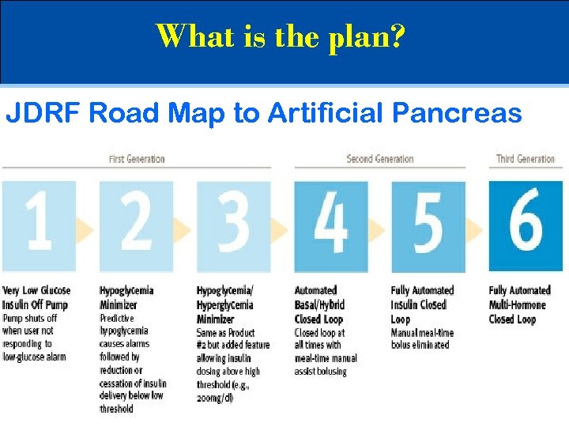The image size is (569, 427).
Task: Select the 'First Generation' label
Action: coord(137,159)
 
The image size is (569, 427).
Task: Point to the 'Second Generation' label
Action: coord(379,159)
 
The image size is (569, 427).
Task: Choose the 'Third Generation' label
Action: coord(525,159)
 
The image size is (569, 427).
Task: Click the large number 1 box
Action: coord(39,226)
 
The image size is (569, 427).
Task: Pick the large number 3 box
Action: coord(233,226)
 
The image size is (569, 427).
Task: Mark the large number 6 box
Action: coord(525,226)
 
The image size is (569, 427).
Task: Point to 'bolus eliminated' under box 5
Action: coord(420,345)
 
